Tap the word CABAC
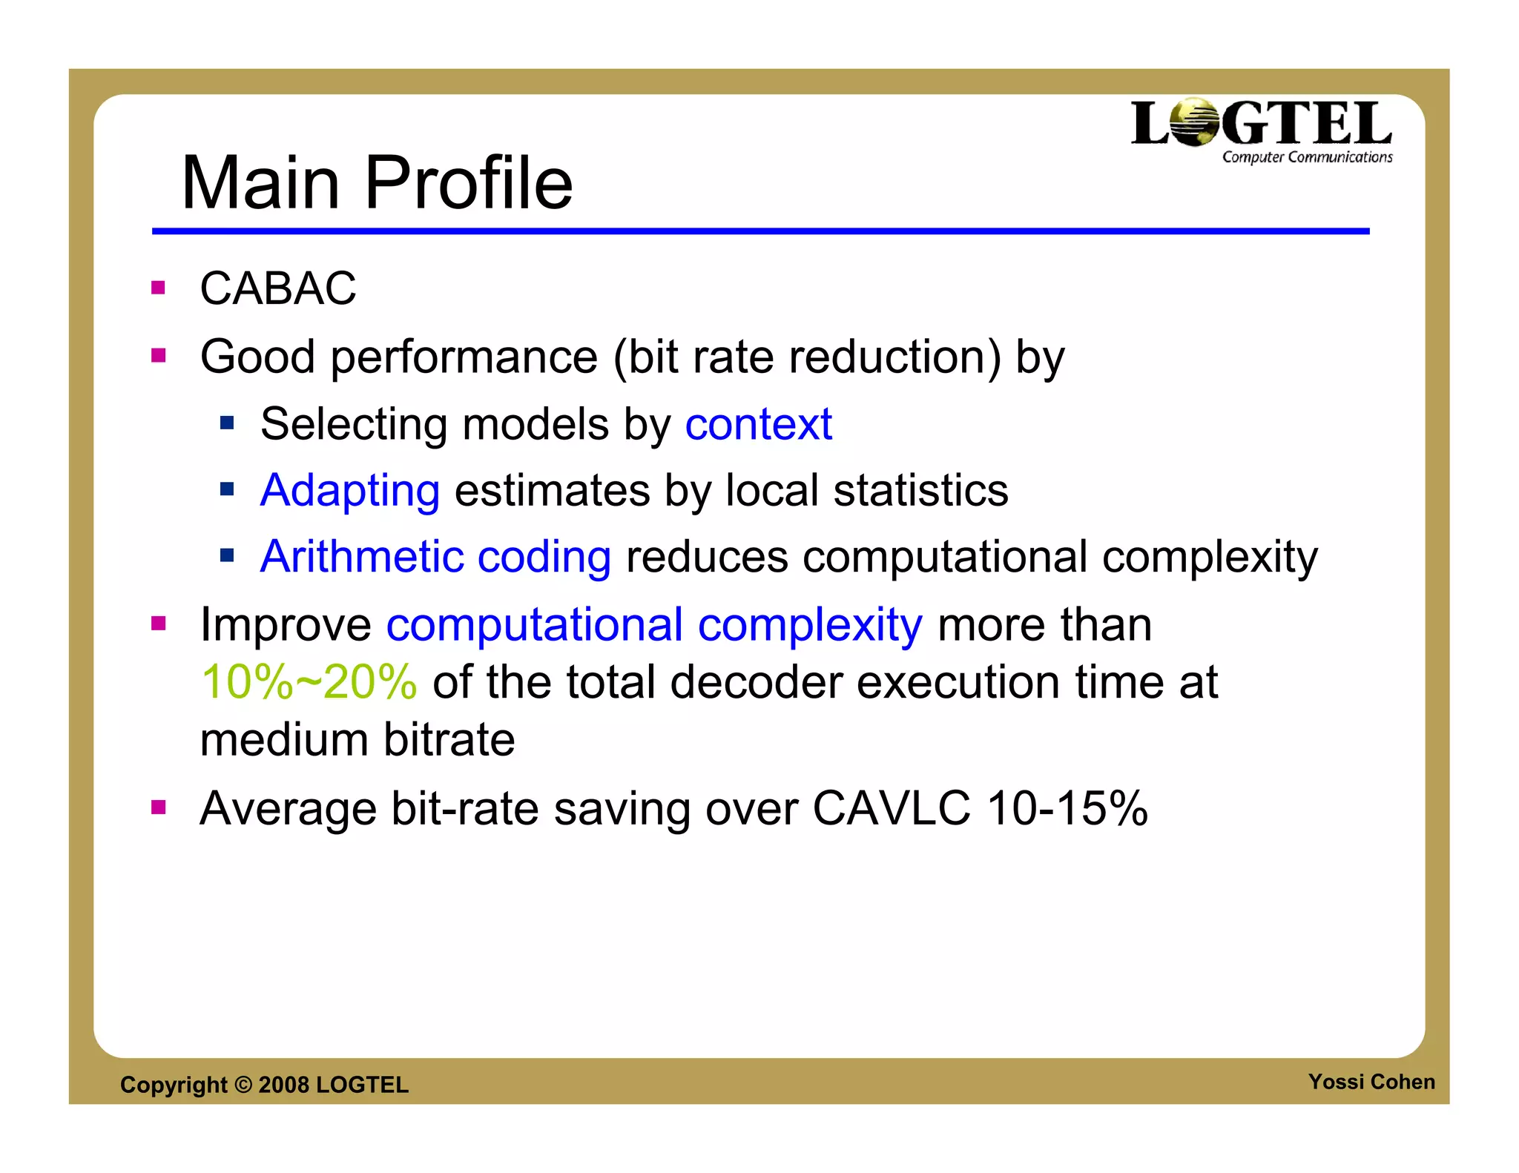278,288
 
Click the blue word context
758,424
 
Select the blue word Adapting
350,491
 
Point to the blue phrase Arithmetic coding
435,557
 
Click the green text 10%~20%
309,682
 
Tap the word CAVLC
891,808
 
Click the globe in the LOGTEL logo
1193,122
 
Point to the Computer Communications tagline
1307,157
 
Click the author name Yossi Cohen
1371,1082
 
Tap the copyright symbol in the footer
243,1085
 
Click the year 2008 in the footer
283,1085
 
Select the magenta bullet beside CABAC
158,288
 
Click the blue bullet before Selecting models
227,423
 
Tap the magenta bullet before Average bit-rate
158,807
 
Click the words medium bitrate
357,740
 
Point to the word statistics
920,491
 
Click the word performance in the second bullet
464,357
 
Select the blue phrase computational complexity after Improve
654,625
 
